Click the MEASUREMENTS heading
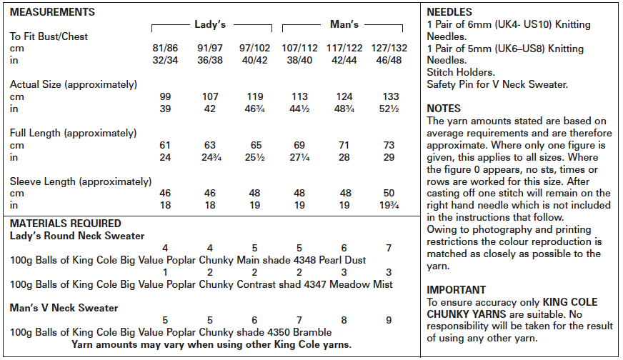(52, 12)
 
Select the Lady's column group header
(210, 24)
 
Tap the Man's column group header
(344, 24)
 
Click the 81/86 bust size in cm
(165, 49)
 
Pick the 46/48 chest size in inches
(389, 61)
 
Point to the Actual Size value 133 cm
(389, 96)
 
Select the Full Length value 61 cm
(165, 145)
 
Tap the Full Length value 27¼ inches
(300, 157)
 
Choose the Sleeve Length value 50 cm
(389, 194)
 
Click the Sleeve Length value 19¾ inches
(389, 206)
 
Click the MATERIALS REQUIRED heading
(66, 224)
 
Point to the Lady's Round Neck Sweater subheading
(77, 236)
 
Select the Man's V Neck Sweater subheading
(64, 308)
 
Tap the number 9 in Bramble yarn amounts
(389, 320)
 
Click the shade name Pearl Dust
(342, 260)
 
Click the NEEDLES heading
(449, 12)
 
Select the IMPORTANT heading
(457, 290)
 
